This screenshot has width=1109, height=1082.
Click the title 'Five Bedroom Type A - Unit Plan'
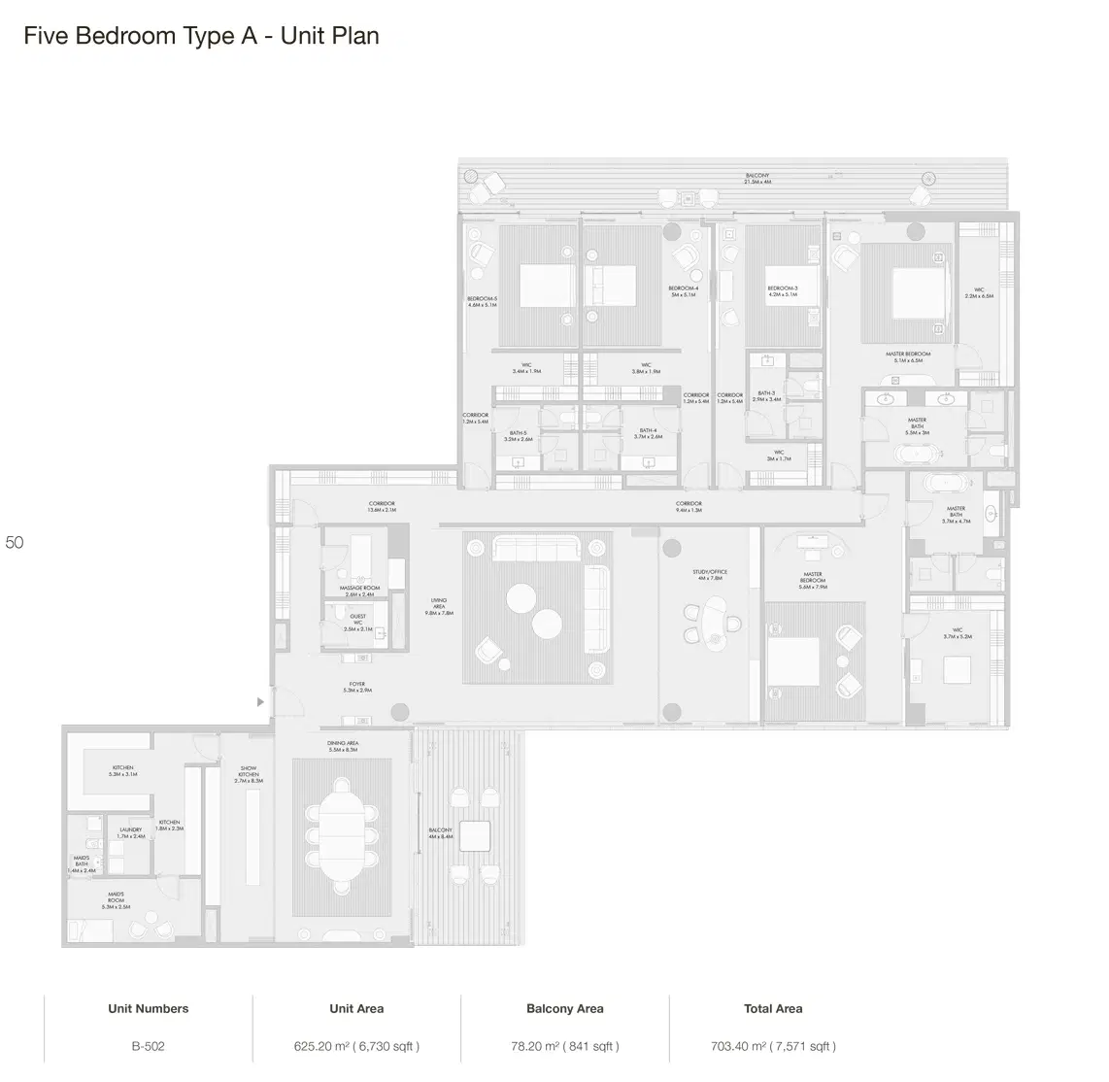201,36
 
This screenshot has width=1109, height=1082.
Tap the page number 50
15,543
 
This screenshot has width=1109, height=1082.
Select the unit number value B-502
149,1046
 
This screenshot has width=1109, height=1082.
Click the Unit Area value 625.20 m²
356,1046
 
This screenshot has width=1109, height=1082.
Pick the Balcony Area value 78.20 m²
564,1046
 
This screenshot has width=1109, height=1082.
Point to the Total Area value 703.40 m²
773,1046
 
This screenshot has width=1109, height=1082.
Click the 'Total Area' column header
773,1008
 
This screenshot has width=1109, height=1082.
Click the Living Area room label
439,607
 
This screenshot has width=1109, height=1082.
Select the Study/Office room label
710,575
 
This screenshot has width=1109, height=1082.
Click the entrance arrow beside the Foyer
259,701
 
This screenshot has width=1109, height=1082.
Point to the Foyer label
357,687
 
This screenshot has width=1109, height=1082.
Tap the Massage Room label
359,592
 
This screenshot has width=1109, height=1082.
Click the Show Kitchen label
249,774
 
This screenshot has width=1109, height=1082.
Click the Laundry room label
130,832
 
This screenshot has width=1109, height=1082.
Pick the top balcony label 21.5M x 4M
756,179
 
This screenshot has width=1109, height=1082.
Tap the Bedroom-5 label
482,301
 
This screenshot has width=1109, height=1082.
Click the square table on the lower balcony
475,836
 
